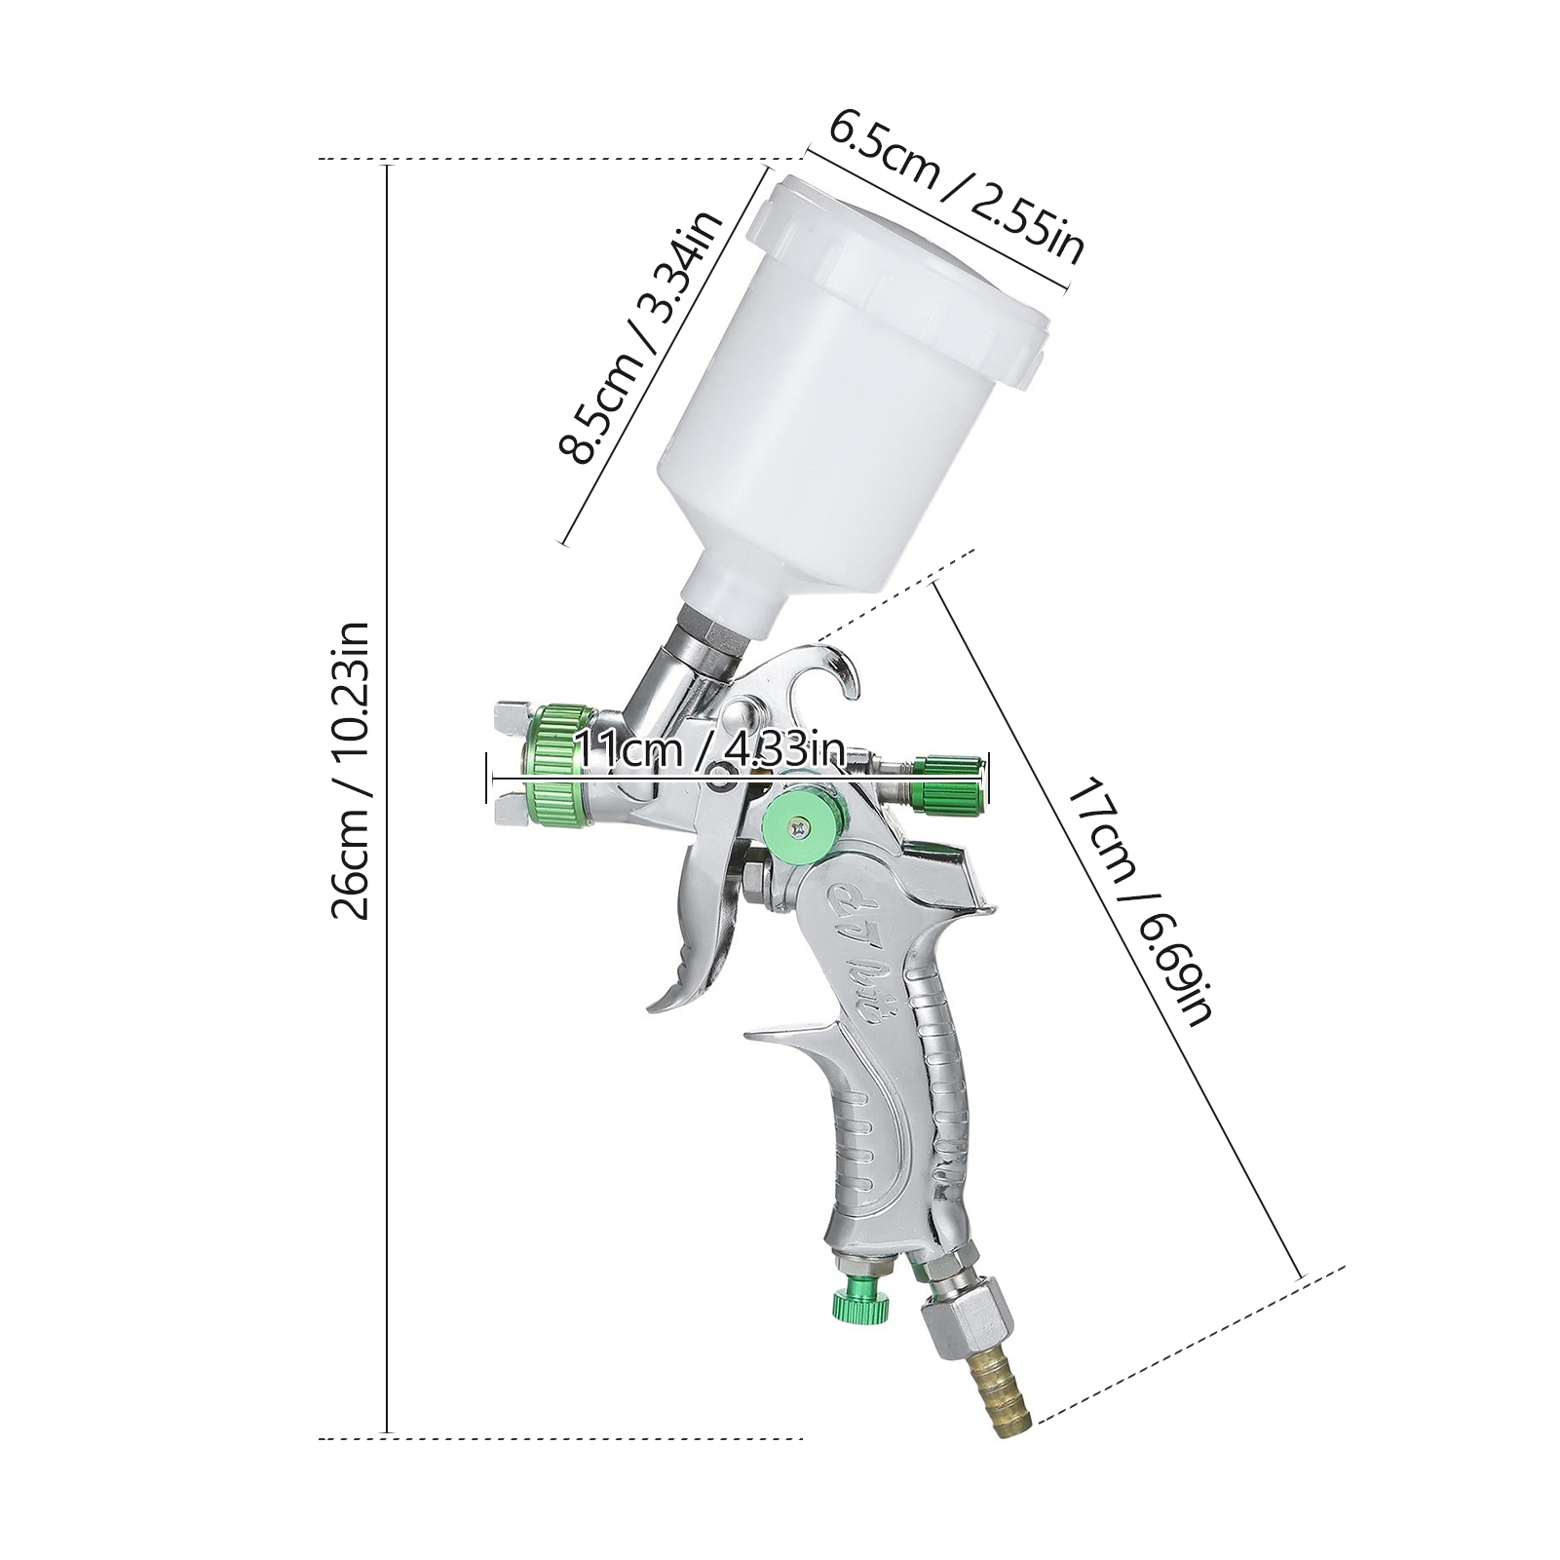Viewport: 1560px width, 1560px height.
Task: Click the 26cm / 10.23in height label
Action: pyautogui.click(x=350, y=770)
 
